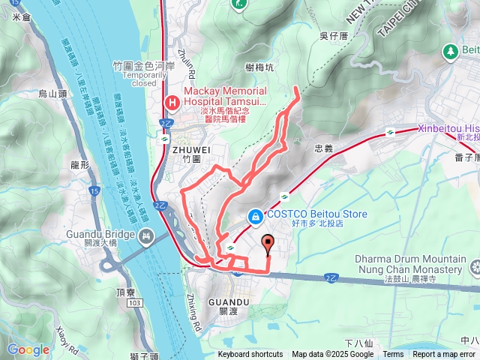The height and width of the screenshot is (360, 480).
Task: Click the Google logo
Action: tap(28, 349)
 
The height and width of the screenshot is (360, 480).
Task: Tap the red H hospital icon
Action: tap(172, 101)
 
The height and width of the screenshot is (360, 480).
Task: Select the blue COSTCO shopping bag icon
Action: tap(256, 216)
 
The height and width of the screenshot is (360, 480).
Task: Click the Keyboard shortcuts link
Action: tap(250, 355)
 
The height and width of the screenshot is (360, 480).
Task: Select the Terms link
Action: tap(393, 355)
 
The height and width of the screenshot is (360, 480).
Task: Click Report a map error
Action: tap(444, 355)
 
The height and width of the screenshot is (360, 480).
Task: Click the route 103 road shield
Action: tap(134, 280)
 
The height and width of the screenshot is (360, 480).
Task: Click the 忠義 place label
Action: tap(323, 148)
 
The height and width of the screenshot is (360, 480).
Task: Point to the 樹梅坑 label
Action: tap(259, 67)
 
